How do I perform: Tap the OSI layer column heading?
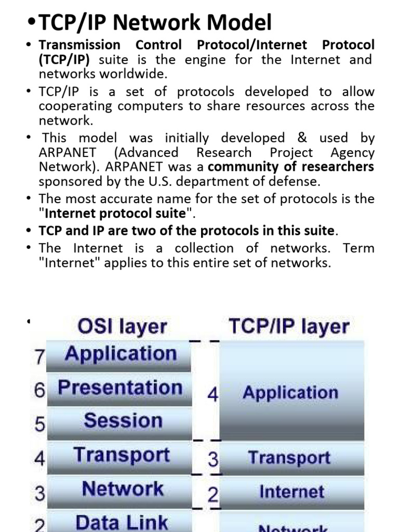point(122,327)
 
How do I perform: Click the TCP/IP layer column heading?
point(289,327)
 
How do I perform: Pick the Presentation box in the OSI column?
point(120,388)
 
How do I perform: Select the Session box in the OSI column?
point(123,420)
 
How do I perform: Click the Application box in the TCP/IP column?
point(290,393)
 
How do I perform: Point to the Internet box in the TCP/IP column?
point(291,491)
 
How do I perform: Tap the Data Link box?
point(122,522)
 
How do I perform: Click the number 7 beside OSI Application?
point(39,357)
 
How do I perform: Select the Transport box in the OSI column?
point(122,455)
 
